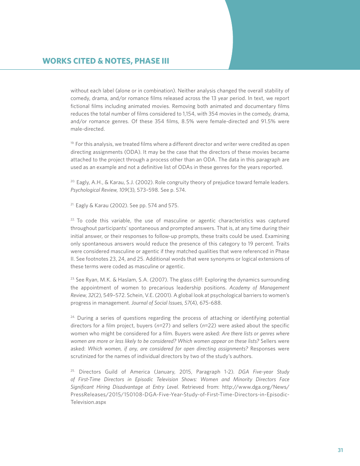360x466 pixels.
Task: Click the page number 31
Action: [x=340, y=450]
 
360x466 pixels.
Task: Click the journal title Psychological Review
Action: [x=91, y=190]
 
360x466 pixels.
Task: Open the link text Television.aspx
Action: [x=88, y=402]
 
